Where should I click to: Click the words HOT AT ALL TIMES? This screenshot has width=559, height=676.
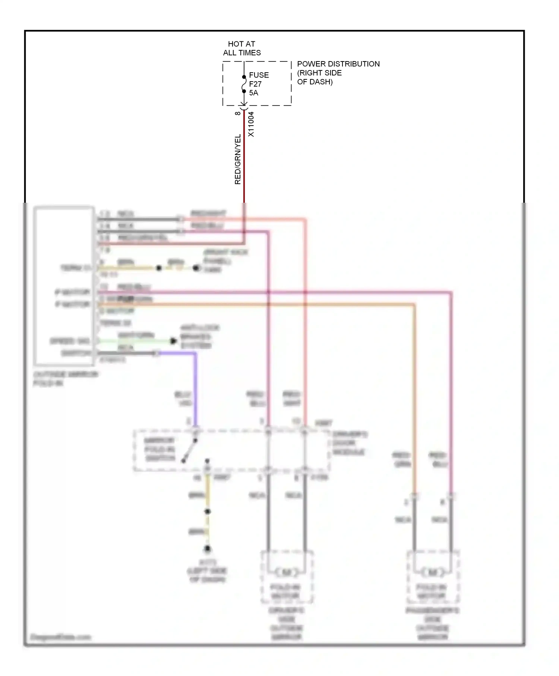tap(242, 48)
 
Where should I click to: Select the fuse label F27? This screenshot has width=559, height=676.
tap(255, 84)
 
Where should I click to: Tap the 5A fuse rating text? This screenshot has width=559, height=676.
tap(253, 93)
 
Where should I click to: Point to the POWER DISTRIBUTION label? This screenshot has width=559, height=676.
tap(338, 64)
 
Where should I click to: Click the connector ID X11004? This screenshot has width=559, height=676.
tap(251, 124)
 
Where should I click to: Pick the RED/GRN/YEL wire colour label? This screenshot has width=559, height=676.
tap(238, 159)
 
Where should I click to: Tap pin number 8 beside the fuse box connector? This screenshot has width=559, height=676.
tap(238, 113)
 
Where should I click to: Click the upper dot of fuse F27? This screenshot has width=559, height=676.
tap(244, 77)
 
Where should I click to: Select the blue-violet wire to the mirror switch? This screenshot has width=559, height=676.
tap(195, 388)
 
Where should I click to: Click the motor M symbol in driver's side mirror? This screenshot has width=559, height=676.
tap(287, 572)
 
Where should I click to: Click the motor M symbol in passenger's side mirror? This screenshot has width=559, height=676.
tap(433, 572)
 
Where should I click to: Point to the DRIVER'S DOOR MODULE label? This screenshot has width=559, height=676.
tap(349, 443)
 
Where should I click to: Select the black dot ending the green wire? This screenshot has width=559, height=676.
tap(173, 341)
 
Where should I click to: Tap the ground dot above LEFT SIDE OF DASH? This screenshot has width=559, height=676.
tap(208, 549)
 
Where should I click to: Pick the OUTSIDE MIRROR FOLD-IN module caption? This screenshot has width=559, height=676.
tap(65, 379)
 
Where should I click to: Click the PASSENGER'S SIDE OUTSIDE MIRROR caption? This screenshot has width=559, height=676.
tap(432, 623)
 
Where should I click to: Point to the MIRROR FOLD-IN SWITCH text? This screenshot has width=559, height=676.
tap(160, 449)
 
